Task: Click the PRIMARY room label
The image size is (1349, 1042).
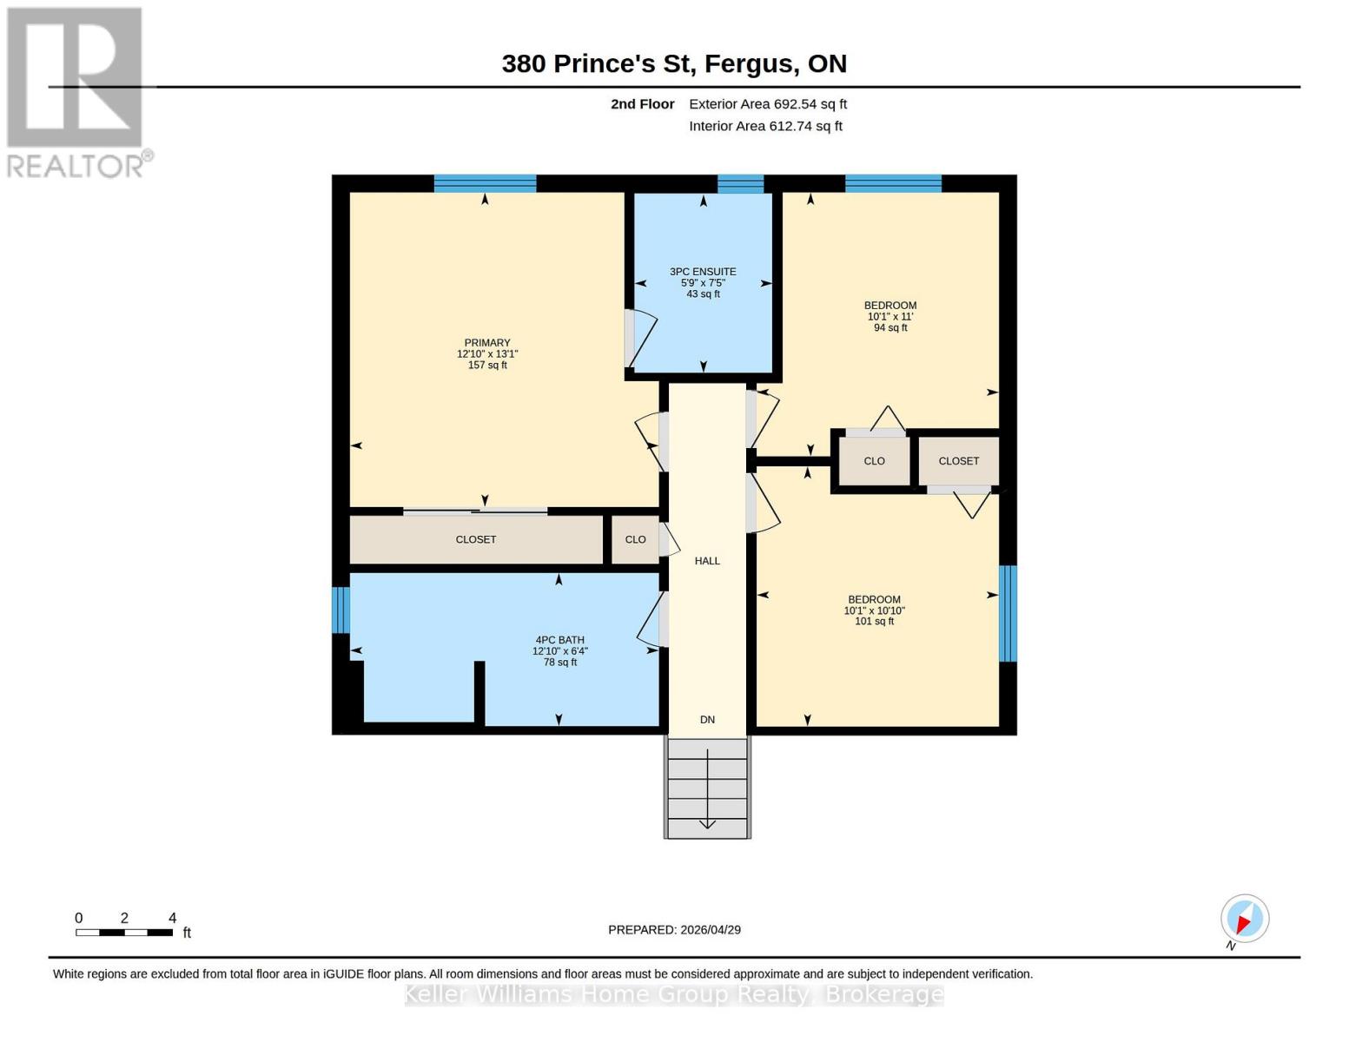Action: [486, 353]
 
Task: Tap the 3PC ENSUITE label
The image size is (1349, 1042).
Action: [703, 282]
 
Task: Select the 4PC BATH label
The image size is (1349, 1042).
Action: [559, 650]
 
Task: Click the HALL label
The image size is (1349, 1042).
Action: [707, 561]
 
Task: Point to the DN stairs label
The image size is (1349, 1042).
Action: [707, 719]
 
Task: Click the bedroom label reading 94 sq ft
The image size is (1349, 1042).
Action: [889, 316]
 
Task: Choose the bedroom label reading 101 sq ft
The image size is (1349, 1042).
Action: [874, 610]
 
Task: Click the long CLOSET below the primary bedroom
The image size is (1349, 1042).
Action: [476, 539]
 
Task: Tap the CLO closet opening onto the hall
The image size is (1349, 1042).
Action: [635, 539]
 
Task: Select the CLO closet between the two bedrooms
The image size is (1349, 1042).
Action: [874, 461]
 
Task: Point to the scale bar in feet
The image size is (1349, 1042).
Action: [124, 932]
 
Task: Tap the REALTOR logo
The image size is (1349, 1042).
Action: [76, 92]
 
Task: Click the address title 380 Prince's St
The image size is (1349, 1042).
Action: [674, 63]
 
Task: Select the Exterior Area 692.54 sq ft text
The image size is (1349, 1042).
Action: [767, 104]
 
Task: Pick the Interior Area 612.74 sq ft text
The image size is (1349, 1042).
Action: [765, 126]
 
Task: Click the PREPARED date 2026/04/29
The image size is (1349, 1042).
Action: [674, 929]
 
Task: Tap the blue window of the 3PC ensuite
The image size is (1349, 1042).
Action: [740, 183]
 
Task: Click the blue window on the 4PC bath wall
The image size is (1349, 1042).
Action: [341, 610]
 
